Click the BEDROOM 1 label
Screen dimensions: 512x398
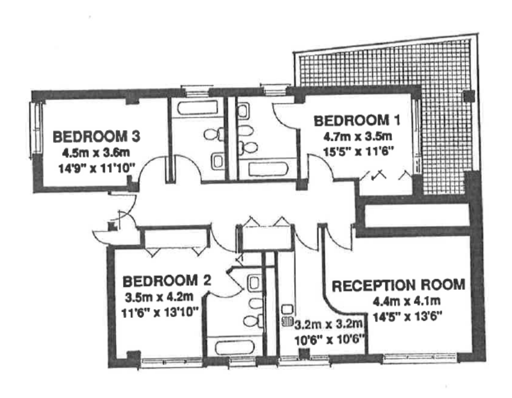pyautogui.click(x=357, y=121)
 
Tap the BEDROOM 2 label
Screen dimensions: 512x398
pyautogui.click(x=166, y=281)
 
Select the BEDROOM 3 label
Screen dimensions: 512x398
pyautogui.click(x=97, y=136)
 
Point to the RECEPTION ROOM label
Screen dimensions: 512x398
pyautogui.click(x=398, y=285)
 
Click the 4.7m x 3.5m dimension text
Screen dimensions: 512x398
pyautogui.click(x=358, y=136)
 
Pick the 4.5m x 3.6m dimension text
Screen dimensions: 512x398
pyautogui.click(x=95, y=152)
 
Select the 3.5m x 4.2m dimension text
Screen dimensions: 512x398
pyautogui.click(x=159, y=297)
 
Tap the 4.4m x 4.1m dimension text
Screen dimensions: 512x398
pyautogui.click(x=407, y=301)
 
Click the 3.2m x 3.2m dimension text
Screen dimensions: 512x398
pyautogui.click(x=329, y=324)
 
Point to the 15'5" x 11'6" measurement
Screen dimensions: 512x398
pyautogui.click(x=358, y=151)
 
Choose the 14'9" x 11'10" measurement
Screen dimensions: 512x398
pyautogui.click(x=97, y=168)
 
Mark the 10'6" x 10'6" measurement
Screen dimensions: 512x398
pyautogui.click(x=329, y=340)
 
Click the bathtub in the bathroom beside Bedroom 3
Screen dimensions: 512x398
pyautogui.click(x=198, y=108)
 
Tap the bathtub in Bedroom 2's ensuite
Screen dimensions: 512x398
pyautogui.click(x=235, y=347)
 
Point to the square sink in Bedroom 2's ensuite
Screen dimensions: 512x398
pyautogui.click(x=254, y=283)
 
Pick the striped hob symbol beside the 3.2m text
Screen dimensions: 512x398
pyautogui.click(x=288, y=322)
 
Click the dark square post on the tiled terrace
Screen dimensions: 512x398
pyautogui.click(x=469, y=96)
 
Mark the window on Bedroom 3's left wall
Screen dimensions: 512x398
pyautogui.click(x=36, y=128)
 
